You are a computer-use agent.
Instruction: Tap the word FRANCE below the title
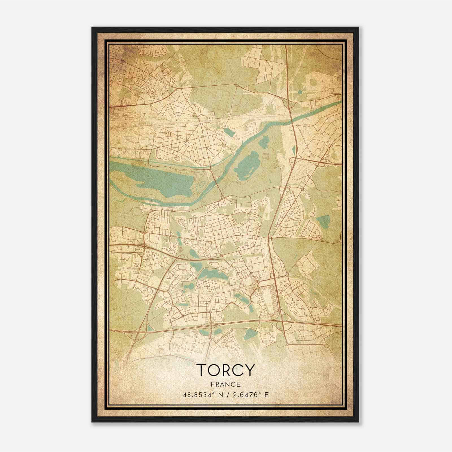[225, 384]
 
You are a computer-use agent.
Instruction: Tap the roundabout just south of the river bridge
[223, 197]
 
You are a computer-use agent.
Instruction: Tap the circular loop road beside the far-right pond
[312, 215]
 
